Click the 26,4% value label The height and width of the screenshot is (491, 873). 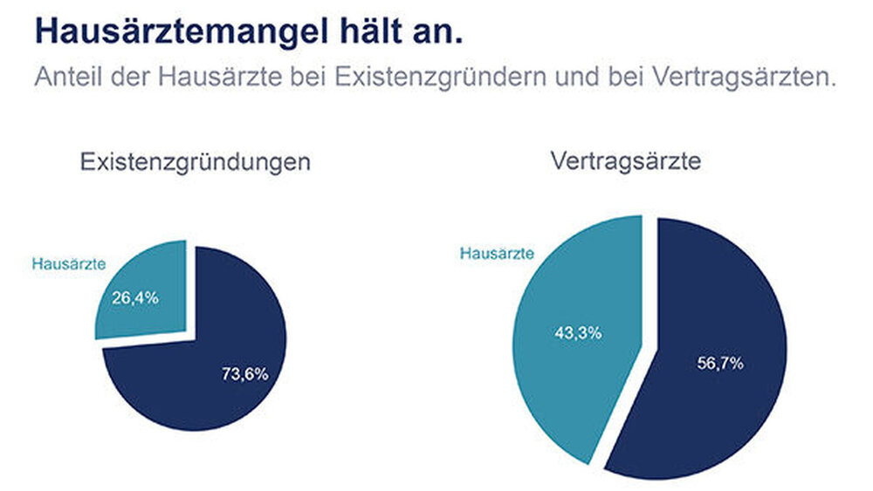[x=135, y=297]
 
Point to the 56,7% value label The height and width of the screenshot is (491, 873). [x=720, y=363]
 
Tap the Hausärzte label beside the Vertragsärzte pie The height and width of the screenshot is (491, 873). [x=496, y=254]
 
